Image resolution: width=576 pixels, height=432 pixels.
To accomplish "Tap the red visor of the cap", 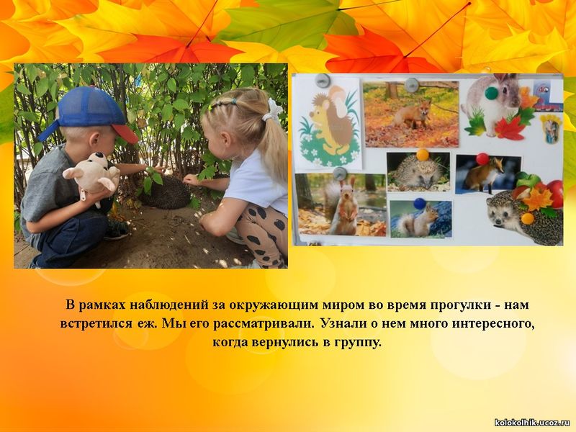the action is coord(125,134).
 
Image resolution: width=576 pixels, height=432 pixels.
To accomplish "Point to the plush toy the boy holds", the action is coord(92,175).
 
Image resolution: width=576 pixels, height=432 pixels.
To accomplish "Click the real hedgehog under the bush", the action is coord(166,192).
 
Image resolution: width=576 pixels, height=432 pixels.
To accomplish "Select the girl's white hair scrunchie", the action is coord(272,110).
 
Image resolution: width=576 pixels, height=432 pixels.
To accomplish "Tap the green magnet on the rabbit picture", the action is coord(492,93).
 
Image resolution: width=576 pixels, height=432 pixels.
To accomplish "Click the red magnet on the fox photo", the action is coord(482,159).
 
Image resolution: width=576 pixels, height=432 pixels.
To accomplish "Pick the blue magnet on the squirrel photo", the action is coord(419,203).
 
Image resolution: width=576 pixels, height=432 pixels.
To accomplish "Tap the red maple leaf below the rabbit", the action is coord(509,128).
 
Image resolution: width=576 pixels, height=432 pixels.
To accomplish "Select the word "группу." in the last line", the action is coord(358,343).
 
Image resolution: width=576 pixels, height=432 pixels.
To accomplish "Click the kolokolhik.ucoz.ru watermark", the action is coord(533,423).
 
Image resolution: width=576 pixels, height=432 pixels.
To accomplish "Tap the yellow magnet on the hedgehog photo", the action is coord(423,155).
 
